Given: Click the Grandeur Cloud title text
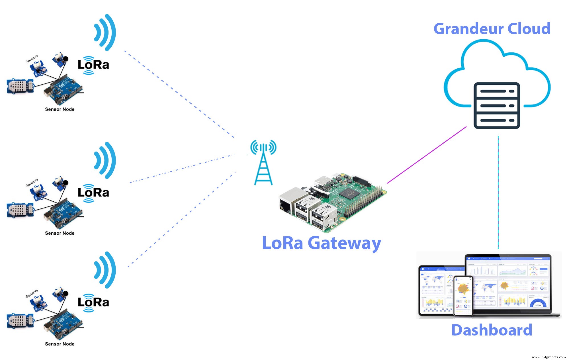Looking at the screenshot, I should point(492,29).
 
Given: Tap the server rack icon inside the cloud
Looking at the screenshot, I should point(497,105).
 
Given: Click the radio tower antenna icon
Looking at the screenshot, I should point(263,162).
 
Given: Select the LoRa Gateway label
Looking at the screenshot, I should point(321,243).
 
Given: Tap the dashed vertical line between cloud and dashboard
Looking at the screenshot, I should point(498,194).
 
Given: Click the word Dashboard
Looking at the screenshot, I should point(492,330).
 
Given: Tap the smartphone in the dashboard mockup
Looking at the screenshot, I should point(463,296).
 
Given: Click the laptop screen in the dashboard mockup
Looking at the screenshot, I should point(508,282).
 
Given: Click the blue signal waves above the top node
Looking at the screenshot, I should point(105,32).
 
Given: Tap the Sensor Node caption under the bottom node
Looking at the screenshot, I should point(60,344).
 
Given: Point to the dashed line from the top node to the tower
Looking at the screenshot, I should point(179,94).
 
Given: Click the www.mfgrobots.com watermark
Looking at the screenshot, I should point(548,357).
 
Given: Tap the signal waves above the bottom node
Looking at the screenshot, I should point(105,270).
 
